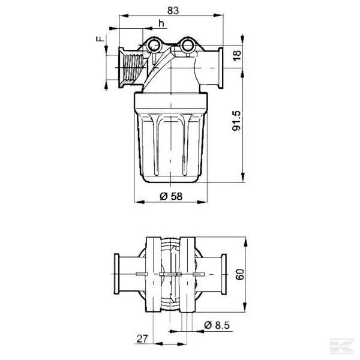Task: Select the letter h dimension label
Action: pyautogui.click(x=161, y=23)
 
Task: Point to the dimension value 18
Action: pyautogui.click(x=236, y=55)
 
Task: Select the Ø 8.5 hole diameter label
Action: pyautogui.click(x=215, y=325)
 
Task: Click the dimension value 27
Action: pyautogui.click(x=142, y=338)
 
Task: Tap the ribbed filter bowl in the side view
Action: pyautogui.click(x=171, y=144)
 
